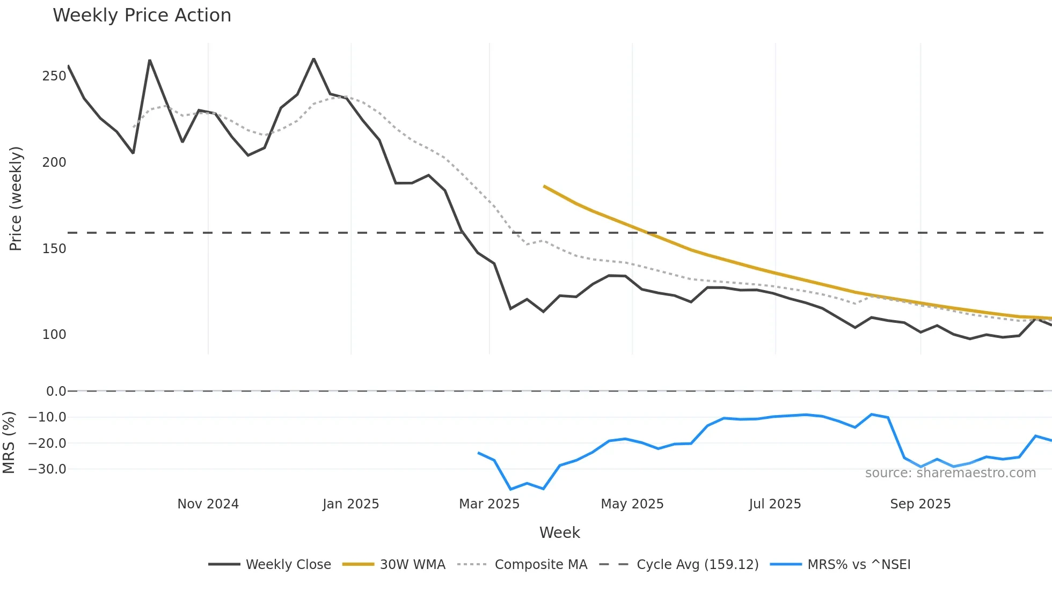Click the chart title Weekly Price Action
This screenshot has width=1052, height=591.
pyautogui.click(x=142, y=16)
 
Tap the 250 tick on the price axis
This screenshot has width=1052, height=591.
pyautogui.click(x=54, y=76)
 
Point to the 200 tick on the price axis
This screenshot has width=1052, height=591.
pyautogui.click(x=54, y=162)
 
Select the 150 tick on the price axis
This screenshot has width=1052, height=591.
pyautogui.click(x=54, y=249)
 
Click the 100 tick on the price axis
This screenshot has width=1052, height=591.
pyautogui.click(x=54, y=335)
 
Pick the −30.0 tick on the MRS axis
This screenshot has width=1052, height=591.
pyautogui.click(x=47, y=469)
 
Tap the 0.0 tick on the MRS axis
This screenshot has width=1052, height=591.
pyautogui.click(x=56, y=391)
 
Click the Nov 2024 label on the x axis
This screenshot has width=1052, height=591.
pyautogui.click(x=208, y=504)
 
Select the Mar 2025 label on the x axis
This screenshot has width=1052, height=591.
pyautogui.click(x=489, y=504)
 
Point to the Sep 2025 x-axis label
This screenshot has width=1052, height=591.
pyautogui.click(x=920, y=504)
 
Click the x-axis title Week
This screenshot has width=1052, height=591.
pyautogui.click(x=559, y=533)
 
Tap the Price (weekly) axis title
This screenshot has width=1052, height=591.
pyautogui.click(x=16, y=198)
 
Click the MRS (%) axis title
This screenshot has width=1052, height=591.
pyautogui.click(x=9, y=442)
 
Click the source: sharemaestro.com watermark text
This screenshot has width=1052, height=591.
pyautogui.click(x=950, y=473)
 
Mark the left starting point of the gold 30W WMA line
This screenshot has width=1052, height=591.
pyautogui.click(x=544, y=186)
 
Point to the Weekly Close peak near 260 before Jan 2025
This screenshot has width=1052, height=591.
pyautogui.click(x=314, y=58)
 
